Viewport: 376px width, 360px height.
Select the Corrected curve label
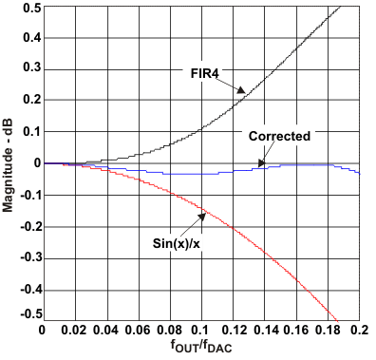point(279,136)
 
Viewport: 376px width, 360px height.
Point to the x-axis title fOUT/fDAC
point(200,349)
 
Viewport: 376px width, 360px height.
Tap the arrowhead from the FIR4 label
point(244,92)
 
